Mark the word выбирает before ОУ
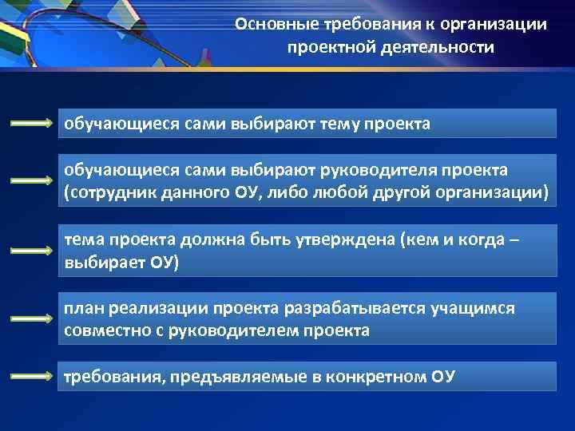103,263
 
